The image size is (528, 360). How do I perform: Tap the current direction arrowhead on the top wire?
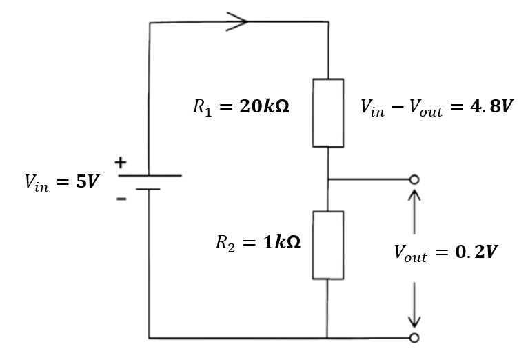click(x=237, y=21)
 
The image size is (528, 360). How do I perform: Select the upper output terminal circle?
click(x=414, y=179)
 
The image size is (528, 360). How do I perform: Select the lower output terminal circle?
click(x=414, y=337)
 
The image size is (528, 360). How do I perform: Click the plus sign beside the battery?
click(x=121, y=163)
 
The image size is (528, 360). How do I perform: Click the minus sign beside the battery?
click(x=121, y=199)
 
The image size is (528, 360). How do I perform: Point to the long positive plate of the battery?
click(x=150, y=175)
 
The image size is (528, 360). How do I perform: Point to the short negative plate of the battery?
click(x=148, y=189)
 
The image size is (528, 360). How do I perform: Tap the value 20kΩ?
click(x=264, y=106)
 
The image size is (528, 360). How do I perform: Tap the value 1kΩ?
click(x=282, y=242)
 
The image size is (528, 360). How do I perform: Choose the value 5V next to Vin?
click(x=88, y=181)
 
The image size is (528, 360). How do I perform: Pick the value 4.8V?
click(x=491, y=106)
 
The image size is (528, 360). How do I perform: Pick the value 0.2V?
click(x=476, y=252)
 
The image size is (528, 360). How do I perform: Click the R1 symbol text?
click(x=203, y=108)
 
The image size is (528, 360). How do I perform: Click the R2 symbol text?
click(x=225, y=243)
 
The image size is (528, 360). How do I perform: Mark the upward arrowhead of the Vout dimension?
click(x=414, y=195)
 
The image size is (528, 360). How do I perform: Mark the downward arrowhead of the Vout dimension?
click(x=414, y=321)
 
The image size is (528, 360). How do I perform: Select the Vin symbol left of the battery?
click(x=37, y=183)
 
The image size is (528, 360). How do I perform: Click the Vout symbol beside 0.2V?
click(x=411, y=253)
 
